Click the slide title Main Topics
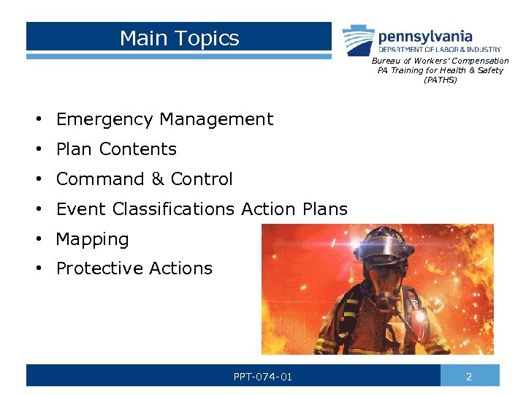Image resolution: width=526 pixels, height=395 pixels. [179, 38]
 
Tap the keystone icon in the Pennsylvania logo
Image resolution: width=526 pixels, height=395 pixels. [358, 37]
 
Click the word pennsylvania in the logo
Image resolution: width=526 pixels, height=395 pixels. [424, 36]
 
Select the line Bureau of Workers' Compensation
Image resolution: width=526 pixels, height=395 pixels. [440, 61]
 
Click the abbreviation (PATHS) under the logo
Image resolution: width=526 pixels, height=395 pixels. [440, 80]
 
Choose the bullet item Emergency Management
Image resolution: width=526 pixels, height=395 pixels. [164, 119]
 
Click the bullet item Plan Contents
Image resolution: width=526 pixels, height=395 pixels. [116, 149]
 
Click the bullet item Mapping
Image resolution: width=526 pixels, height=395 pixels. [92, 239]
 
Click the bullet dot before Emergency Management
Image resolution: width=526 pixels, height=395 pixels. [36, 120]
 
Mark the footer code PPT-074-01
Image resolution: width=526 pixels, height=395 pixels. [262, 377]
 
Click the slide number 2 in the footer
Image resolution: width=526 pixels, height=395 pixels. [469, 377]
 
